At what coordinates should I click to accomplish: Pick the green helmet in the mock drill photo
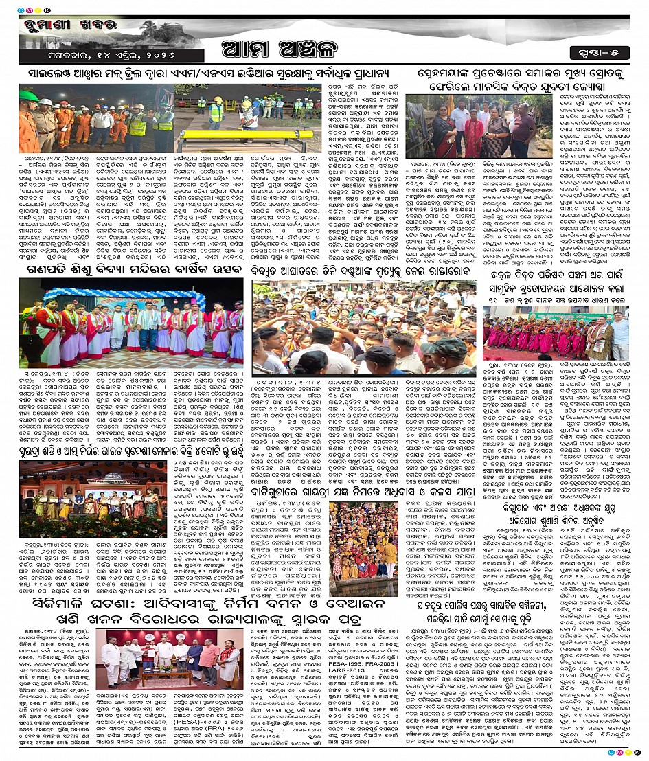[28, 95]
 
